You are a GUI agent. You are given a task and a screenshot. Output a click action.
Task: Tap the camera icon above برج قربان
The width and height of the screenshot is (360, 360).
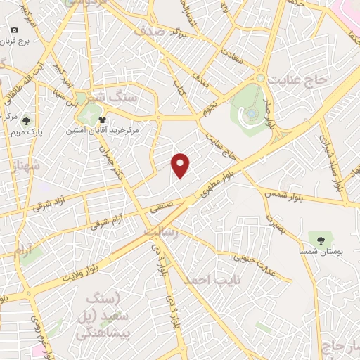(x=15, y=30)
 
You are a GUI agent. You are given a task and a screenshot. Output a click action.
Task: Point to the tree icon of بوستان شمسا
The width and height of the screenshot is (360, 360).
(x=321, y=240)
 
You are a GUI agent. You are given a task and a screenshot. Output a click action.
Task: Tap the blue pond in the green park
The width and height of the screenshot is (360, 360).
(x=252, y=113)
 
